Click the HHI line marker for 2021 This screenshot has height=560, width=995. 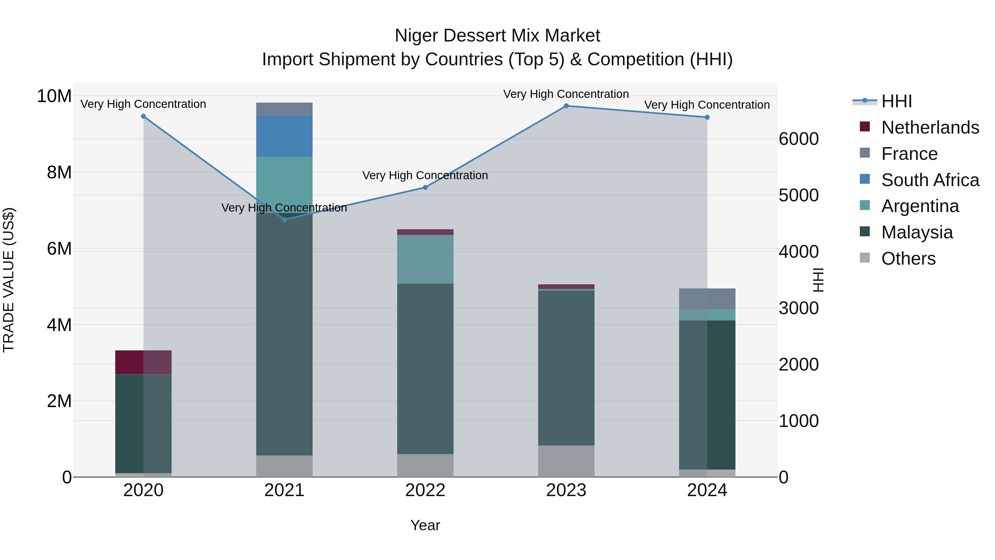pos(284,220)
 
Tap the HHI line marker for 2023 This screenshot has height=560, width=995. pos(566,106)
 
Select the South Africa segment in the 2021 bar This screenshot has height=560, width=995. pos(284,136)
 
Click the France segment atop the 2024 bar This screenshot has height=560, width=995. pos(707,299)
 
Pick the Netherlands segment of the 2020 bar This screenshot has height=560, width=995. pos(143,362)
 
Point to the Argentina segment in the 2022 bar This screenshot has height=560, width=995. pos(425,259)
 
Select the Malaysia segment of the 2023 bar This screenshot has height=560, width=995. pos(566,367)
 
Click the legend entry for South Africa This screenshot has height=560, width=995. pos(930,180)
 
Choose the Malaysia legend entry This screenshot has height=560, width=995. pos(917,232)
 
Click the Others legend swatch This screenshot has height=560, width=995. pos(865,258)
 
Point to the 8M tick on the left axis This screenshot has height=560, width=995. pos(59,172)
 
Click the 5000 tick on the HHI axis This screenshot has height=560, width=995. pos(798,195)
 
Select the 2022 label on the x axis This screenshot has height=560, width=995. pos(425,490)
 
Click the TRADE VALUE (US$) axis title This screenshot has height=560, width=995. pos(9,280)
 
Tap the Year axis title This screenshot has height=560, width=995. pos(425,525)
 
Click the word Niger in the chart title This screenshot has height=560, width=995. pos(416,36)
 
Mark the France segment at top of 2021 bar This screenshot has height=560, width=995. pos(284,109)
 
